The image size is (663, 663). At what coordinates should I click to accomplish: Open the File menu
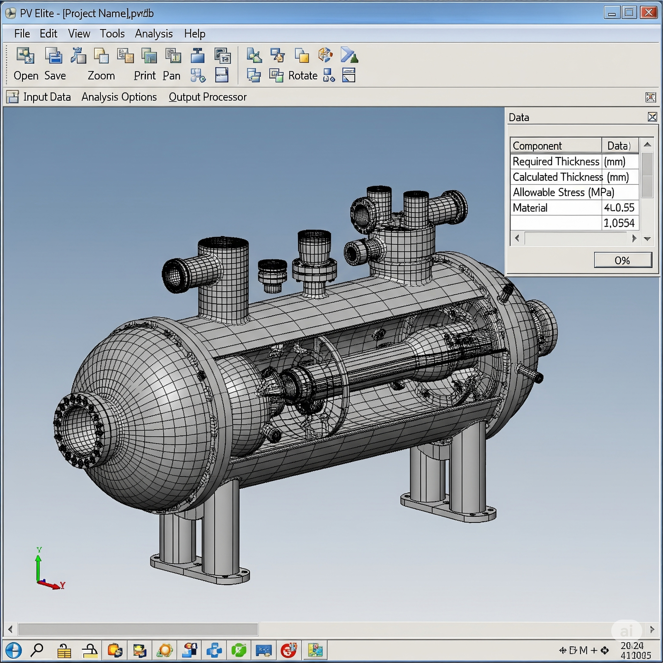[x=22, y=34]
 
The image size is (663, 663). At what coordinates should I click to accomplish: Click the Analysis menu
[x=154, y=34]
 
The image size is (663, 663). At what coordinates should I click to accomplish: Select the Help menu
[x=195, y=34]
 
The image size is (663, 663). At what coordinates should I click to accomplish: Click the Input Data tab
[x=47, y=97]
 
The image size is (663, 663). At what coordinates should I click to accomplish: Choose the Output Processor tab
[x=208, y=97]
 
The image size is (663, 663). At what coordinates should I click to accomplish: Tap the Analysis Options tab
[x=119, y=97]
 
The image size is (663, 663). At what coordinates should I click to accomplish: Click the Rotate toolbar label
[x=302, y=76]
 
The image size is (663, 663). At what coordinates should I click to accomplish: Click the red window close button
[x=648, y=12]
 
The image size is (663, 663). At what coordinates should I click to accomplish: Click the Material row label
[x=530, y=208]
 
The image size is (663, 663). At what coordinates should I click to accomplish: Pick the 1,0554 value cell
[x=619, y=223]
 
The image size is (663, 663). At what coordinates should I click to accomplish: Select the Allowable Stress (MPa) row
[x=563, y=192]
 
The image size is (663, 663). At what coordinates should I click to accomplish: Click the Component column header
[x=537, y=146]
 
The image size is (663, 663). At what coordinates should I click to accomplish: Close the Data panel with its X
[x=652, y=117]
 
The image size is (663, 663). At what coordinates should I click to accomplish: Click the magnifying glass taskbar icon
[x=37, y=650]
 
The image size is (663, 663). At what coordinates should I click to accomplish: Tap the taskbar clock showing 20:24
[x=632, y=646]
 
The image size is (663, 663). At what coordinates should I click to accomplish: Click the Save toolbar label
[x=55, y=76]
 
